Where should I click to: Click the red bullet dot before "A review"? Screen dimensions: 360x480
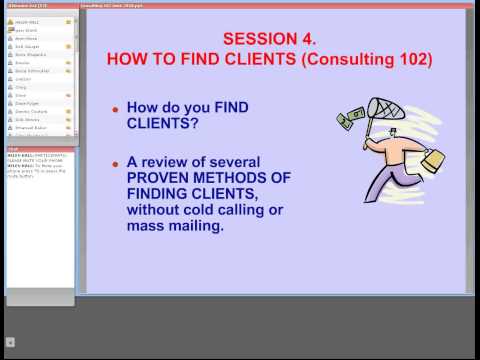[x=115, y=163]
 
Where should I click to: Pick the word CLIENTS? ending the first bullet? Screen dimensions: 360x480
[x=160, y=126]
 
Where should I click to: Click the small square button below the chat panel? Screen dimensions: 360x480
[x=11, y=342]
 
